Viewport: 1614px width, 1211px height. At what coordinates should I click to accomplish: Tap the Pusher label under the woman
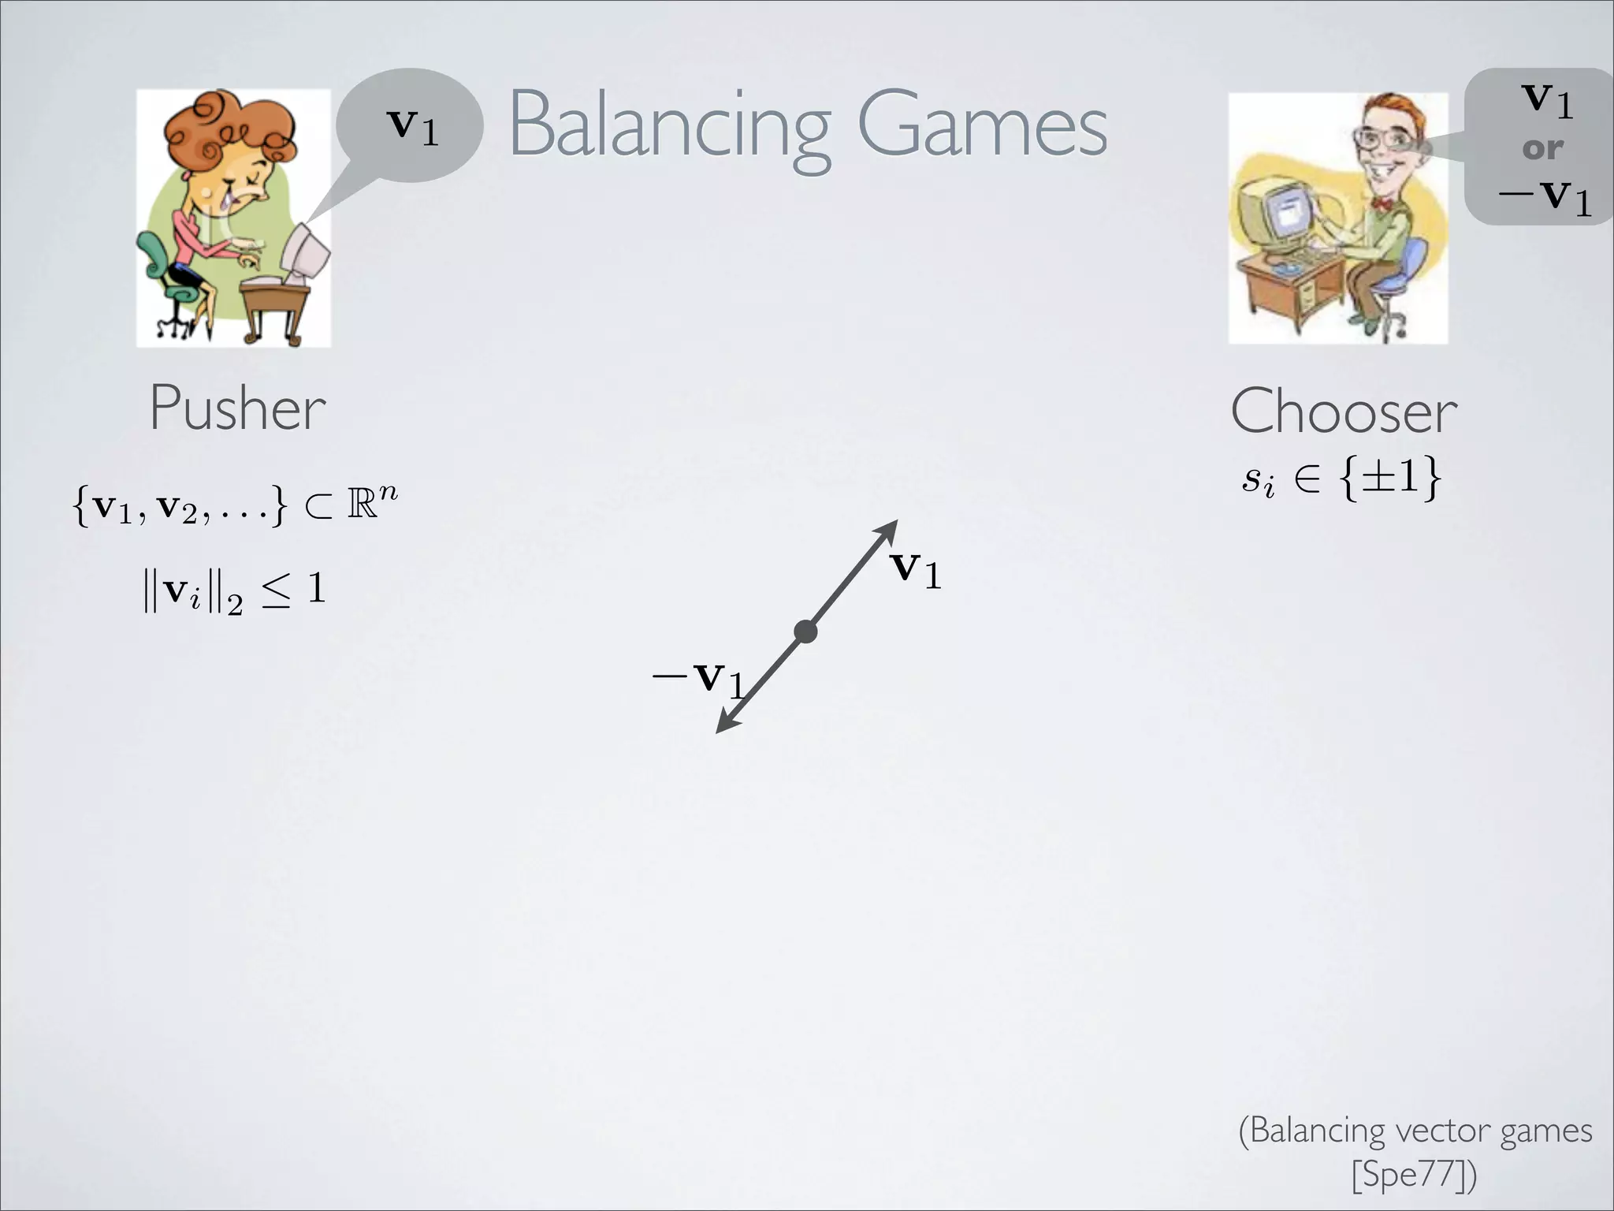coord(237,408)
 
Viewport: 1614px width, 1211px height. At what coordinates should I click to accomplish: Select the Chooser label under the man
coord(1344,412)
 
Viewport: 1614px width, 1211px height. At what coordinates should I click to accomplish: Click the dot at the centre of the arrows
coord(805,632)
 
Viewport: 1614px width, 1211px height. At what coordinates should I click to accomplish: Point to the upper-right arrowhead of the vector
coord(891,527)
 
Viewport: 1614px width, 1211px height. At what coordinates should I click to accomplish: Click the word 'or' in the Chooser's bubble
coord(1542,147)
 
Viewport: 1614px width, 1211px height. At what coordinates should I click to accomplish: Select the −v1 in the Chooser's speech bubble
coord(1545,195)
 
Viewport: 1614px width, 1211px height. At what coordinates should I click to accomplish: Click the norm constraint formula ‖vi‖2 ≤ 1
coord(234,591)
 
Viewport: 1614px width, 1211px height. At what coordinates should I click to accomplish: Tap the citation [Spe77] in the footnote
coord(1414,1174)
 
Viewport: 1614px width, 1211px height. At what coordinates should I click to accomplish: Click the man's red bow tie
coord(1382,203)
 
